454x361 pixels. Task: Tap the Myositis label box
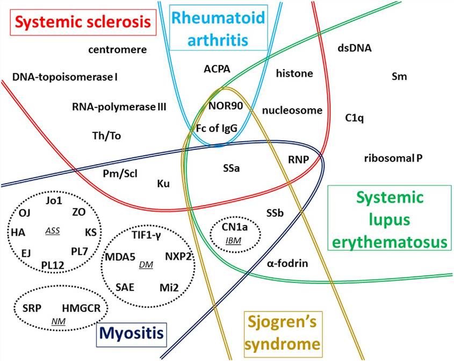132,334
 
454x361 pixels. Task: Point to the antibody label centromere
118,50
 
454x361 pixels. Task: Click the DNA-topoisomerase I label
66,77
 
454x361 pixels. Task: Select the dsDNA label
354,48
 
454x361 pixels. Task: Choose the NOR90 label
226,105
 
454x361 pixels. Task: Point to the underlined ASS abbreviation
52,230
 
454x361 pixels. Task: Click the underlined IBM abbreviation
234,240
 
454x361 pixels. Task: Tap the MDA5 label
120,257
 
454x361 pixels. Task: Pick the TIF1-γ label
146,235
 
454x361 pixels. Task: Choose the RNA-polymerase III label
119,107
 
